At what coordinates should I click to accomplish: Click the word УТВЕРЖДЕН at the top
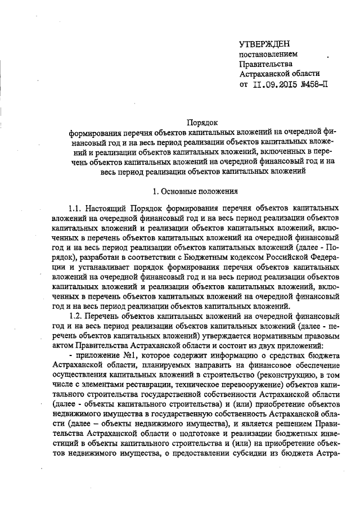(264, 44)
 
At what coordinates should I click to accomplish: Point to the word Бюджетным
(192, 258)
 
